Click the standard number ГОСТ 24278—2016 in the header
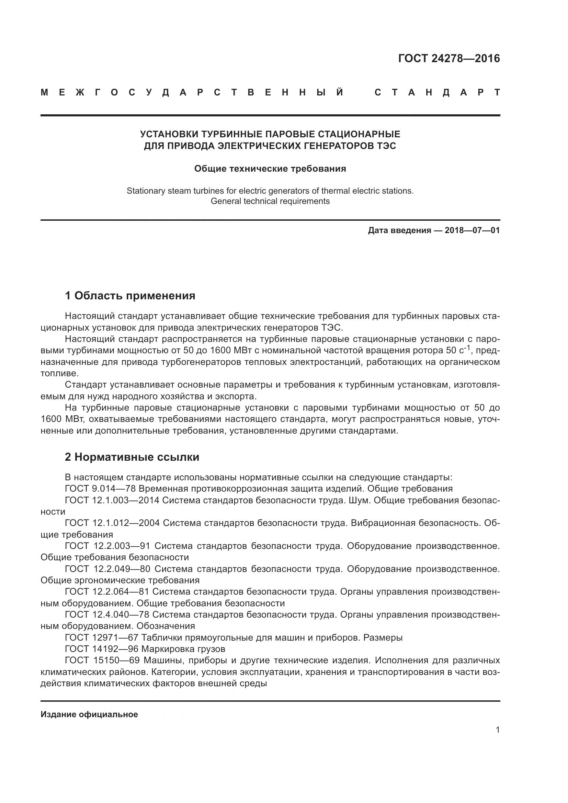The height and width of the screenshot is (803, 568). pos(449,58)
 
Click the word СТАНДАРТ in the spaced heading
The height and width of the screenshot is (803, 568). pos(437,93)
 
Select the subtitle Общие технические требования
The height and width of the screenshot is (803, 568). pos(270,169)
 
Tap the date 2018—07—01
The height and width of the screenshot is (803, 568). pos(472,230)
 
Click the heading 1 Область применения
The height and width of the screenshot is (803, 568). pos(130,296)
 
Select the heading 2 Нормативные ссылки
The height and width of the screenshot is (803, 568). pos(132,457)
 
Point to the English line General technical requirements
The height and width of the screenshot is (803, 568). pos(270,201)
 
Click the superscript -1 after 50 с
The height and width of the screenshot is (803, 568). pos(467,348)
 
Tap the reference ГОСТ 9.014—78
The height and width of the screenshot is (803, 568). pos(100,489)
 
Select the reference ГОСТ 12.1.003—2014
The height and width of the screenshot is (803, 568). pos(112,500)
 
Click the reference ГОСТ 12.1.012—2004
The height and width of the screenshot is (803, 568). pos(112,523)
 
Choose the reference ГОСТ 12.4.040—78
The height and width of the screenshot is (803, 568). pos(107,615)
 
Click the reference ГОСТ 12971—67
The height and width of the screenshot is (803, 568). pos(101,638)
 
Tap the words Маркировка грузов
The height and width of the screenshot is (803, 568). pos(183,649)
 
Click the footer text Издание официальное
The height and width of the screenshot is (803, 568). pos(89,714)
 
